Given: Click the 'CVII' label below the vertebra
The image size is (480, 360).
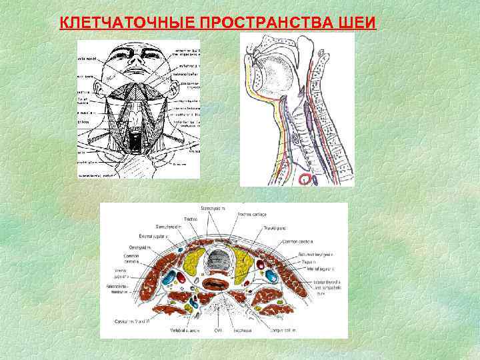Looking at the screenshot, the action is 218,330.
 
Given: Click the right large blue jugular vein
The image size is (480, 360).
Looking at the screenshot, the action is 271,274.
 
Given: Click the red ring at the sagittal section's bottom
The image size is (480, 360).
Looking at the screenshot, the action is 306,178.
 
